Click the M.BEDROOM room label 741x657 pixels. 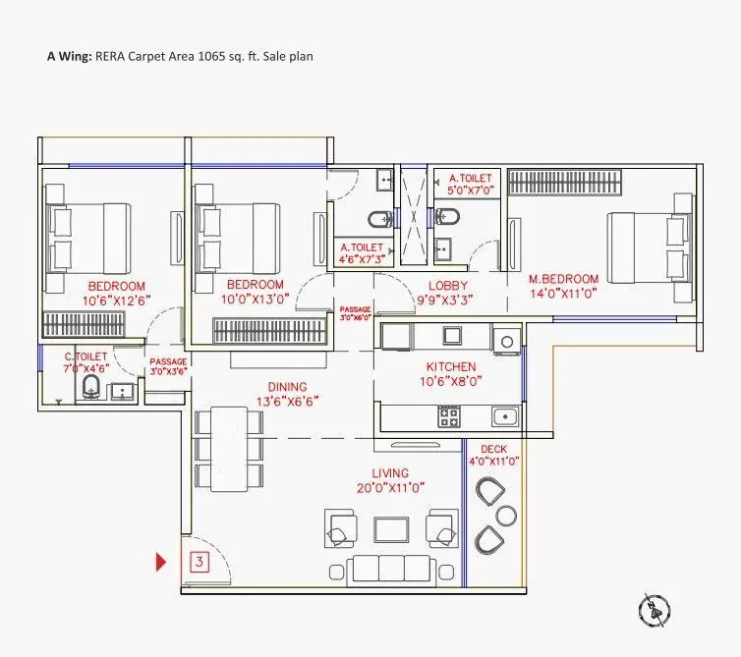tap(563, 279)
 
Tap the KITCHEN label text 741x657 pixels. tap(451, 366)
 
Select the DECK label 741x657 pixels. tap(493, 448)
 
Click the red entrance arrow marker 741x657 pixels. tap(162, 563)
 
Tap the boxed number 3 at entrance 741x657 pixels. tap(199, 563)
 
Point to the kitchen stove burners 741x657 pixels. tap(450, 416)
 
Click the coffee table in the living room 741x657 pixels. tap(391, 529)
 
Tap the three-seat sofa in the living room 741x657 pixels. tap(391, 570)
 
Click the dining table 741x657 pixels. tap(229, 449)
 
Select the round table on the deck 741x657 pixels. tap(505, 516)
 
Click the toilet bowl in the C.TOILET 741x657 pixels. tap(90, 387)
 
